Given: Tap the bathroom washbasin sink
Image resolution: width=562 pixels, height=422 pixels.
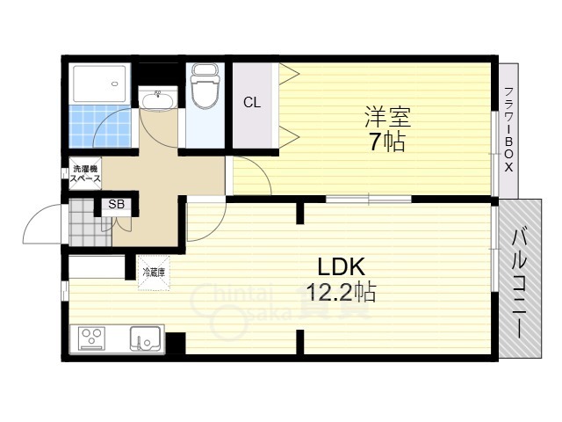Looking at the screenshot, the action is (x=158, y=98).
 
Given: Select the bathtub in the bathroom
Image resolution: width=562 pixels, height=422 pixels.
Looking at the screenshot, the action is (x=100, y=84).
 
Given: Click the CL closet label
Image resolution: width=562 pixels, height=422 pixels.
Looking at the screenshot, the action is (x=252, y=103).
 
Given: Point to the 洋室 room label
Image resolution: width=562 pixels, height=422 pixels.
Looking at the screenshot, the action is (x=387, y=117).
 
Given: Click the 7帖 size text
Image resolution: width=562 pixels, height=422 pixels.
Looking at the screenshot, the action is (x=387, y=142).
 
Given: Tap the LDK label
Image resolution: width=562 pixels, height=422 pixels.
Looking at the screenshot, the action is (x=342, y=267).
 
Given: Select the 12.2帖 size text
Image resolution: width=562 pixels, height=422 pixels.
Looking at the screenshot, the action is (x=342, y=293).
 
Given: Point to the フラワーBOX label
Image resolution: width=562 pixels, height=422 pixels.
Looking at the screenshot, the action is (x=508, y=129).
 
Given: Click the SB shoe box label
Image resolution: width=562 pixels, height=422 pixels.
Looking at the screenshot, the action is (x=117, y=205).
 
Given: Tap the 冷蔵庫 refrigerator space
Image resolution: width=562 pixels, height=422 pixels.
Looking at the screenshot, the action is (x=154, y=272).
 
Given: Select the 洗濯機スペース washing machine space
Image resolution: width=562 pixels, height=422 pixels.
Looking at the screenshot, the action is (x=86, y=173).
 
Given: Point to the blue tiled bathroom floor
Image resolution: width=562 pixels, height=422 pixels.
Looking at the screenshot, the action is (x=100, y=126).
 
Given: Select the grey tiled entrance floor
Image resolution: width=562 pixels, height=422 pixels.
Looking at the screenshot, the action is (x=90, y=222).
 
